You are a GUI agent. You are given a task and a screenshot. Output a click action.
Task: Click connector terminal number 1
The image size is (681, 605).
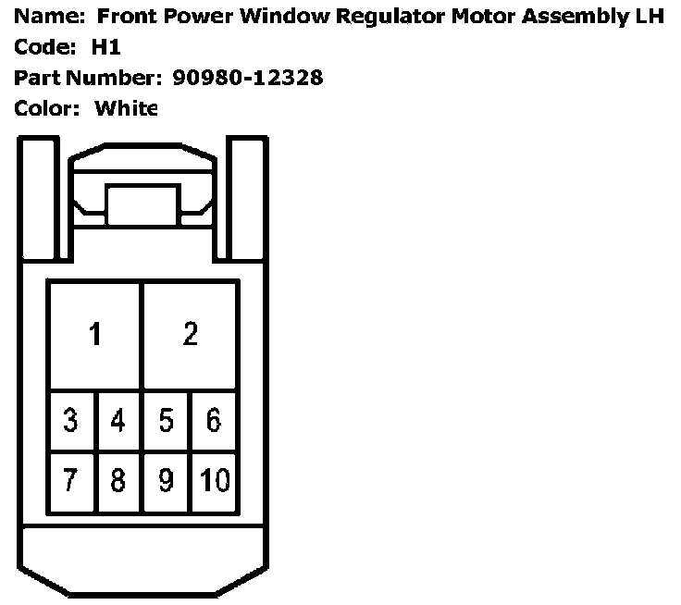pyautogui.click(x=94, y=334)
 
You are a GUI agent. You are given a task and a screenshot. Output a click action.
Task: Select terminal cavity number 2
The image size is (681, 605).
pyautogui.click(x=190, y=334)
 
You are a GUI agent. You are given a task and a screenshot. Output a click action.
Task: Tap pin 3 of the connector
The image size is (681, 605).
pyautogui.click(x=71, y=421)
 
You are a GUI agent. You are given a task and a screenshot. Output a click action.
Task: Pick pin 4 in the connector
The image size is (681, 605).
pyautogui.click(x=118, y=421)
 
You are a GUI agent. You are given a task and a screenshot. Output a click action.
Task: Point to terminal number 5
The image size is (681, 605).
pyautogui.click(x=167, y=421)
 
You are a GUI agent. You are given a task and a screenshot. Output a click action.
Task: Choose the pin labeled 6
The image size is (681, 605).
pyautogui.click(x=214, y=421)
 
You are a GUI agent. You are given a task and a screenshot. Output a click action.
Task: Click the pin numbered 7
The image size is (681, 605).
pyautogui.click(x=71, y=482)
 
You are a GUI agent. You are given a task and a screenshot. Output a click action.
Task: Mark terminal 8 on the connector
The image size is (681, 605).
pyautogui.click(x=118, y=482)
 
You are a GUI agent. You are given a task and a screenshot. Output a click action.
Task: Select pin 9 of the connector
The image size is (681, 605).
pyautogui.click(x=167, y=482)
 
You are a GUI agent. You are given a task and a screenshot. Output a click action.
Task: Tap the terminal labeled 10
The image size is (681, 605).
pyautogui.click(x=214, y=482)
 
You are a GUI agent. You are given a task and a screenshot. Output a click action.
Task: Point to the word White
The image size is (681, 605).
pyautogui.click(x=127, y=108)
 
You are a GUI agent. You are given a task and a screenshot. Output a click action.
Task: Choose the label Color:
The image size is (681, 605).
pyautogui.click(x=43, y=108)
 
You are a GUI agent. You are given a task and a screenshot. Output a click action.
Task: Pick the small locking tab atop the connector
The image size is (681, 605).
pyautogui.click(x=142, y=203)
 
